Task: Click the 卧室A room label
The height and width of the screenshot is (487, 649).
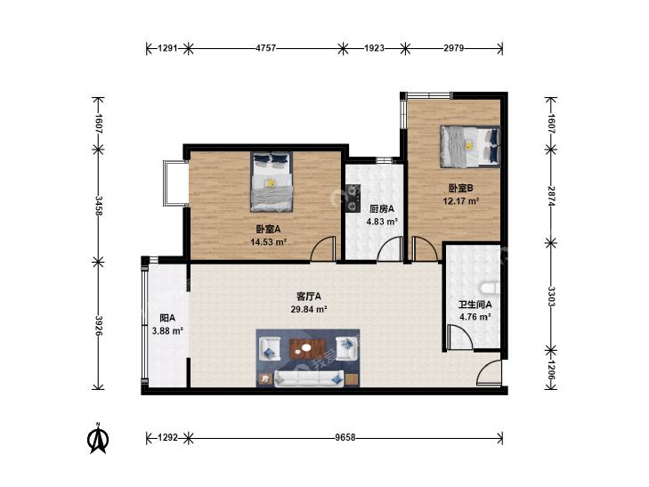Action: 268,229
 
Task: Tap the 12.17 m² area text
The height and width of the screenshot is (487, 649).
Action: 461,201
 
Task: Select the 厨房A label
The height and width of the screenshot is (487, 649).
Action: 382,208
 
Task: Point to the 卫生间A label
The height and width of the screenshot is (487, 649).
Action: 475,304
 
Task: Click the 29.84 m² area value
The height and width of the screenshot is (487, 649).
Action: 309,310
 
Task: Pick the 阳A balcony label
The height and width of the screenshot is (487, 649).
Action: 167,318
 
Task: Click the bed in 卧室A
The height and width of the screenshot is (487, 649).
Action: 272,182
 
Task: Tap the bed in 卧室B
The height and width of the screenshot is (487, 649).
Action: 470,147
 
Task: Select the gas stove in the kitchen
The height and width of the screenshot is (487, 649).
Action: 353,198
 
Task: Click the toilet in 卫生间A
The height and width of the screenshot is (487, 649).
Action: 490,288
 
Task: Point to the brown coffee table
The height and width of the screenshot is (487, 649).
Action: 306,349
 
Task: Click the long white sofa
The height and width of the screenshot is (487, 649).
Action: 309,378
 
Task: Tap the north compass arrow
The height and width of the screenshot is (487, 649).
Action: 98,439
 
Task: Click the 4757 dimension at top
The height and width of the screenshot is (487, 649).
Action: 265,48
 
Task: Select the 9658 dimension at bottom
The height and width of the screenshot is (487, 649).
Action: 345,437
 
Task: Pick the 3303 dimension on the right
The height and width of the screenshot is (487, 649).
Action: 551,296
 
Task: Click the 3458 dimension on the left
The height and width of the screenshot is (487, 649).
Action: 99,206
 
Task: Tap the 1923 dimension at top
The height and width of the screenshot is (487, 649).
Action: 374,48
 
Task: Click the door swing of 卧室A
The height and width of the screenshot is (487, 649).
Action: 324,249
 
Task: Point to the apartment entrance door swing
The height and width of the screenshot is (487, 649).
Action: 490,373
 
